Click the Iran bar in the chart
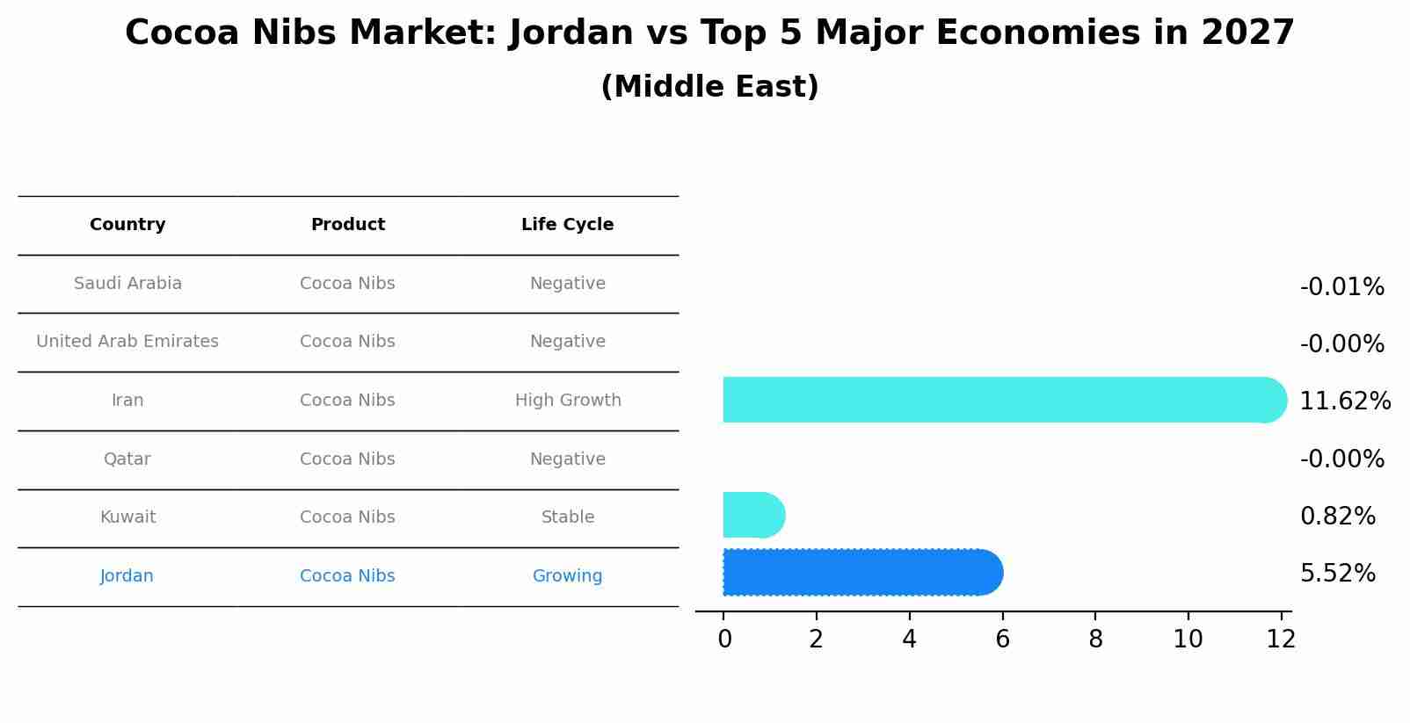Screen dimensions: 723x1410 1002,400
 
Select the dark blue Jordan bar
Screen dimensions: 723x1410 861,573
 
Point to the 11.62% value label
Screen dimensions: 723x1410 1344,401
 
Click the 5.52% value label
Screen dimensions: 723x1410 1337,574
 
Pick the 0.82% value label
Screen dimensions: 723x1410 1337,517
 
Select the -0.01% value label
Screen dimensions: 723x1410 1341,287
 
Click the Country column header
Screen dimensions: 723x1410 127,225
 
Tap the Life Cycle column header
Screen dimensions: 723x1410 567,225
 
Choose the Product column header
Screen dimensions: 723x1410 347,225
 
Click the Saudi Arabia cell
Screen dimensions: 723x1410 127,284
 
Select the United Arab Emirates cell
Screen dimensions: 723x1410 127,342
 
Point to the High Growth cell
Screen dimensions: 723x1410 568,401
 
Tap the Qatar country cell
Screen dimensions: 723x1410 127,459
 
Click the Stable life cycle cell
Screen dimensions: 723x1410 568,517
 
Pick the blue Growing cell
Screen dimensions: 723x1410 567,576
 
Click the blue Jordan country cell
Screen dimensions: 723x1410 127,576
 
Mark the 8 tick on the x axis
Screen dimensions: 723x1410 1095,640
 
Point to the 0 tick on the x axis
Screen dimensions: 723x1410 724,640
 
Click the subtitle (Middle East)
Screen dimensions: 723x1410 709,87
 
